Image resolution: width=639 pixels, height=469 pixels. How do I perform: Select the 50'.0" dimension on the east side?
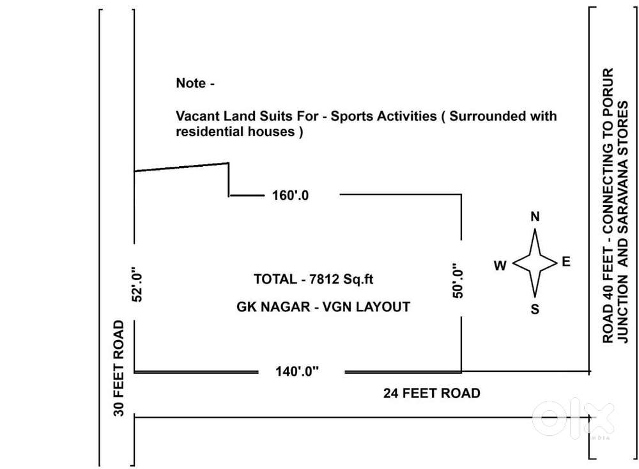[x=458, y=281]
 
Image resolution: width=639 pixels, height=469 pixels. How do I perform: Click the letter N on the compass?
[x=535, y=217]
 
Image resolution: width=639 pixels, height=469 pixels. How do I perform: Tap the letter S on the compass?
[x=535, y=311]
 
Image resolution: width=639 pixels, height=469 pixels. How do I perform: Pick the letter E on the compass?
[x=566, y=261]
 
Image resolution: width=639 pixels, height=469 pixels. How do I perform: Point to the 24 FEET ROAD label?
[x=431, y=393]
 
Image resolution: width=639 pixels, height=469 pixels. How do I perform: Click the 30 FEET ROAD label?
[x=119, y=369]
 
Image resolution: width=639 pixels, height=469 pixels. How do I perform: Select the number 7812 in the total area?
[x=324, y=279]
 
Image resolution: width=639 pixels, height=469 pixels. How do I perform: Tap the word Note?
[x=191, y=84]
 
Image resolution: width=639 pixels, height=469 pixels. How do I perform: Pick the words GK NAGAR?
[x=265, y=307]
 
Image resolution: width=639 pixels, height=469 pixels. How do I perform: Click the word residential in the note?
[x=208, y=132]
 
